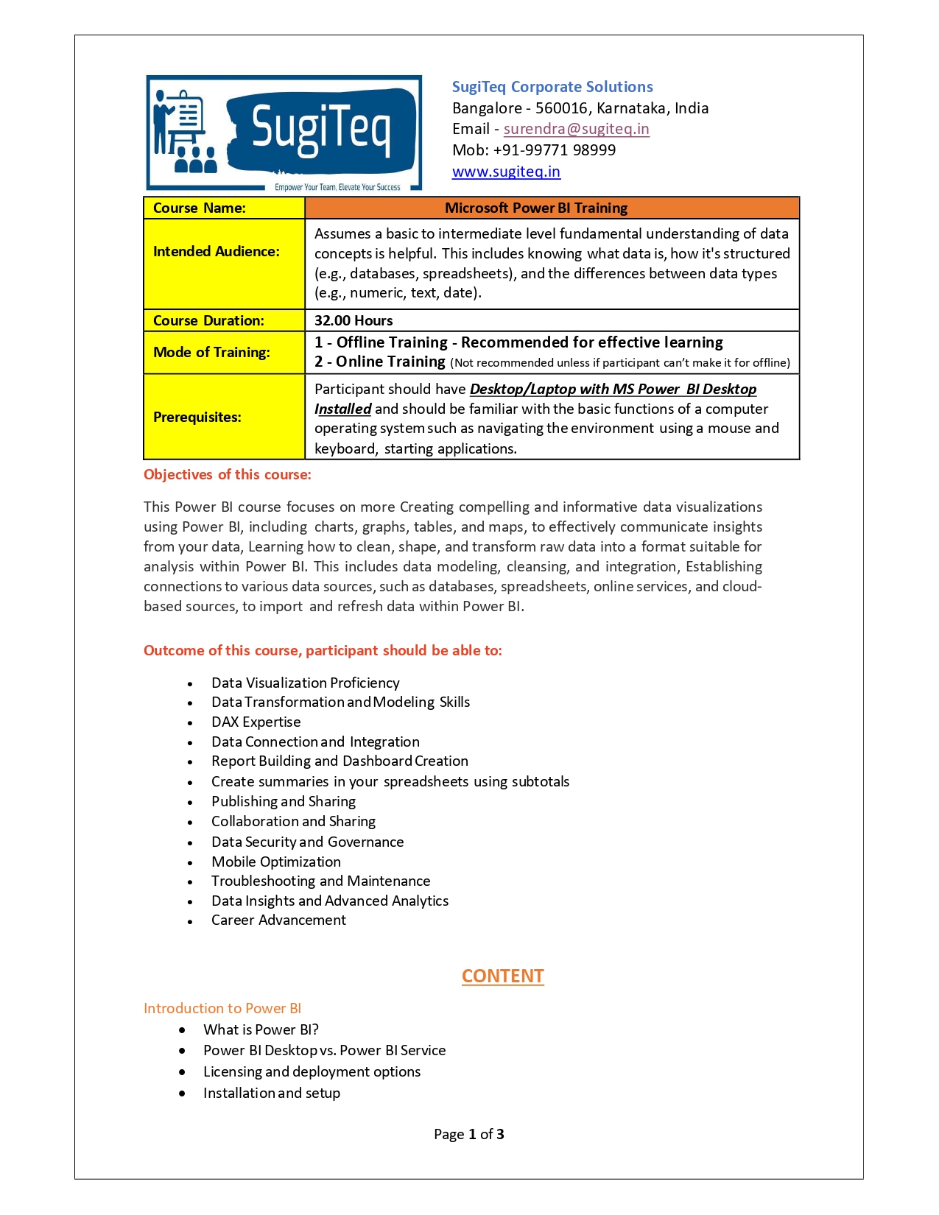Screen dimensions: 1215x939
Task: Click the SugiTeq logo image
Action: [284, 133]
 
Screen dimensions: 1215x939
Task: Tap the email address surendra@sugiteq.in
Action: [576, 129]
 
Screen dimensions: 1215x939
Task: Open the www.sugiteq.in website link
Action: [506, 172]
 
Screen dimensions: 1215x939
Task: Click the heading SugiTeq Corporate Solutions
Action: [552, 87]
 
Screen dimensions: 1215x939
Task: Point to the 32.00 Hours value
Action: [354, 320]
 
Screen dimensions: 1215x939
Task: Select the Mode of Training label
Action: [211, 352]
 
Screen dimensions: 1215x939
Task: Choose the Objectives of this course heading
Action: [228, 475]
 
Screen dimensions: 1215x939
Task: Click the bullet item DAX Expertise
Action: [256, 722]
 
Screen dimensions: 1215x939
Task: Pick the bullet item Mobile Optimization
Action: [276, 862]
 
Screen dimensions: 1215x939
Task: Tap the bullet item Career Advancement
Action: [278, 920]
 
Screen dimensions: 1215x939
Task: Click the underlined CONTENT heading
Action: [502, 976]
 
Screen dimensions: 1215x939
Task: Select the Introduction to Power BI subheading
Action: [222, 1009]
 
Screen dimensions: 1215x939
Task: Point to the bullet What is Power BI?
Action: [261, 1030]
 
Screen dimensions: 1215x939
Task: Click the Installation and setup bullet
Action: [272, 1093]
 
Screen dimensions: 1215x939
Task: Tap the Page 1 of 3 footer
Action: [469, 1135]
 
